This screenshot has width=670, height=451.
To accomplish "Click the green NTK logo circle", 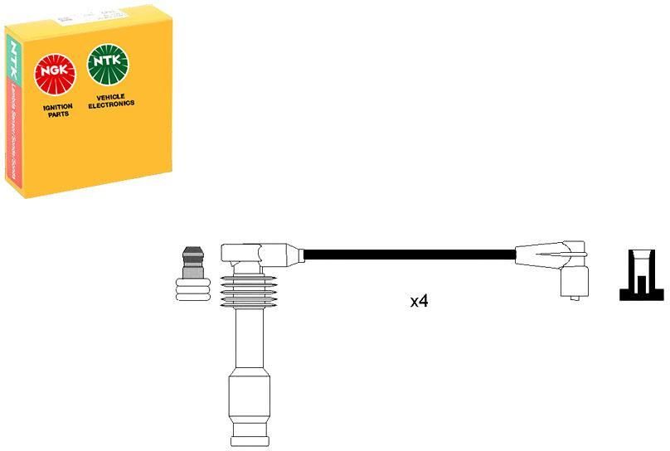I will tap(109, 65).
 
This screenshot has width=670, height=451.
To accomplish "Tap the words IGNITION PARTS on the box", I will tap(58, 110).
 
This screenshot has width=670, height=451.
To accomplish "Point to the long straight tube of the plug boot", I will tap(251, 340).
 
